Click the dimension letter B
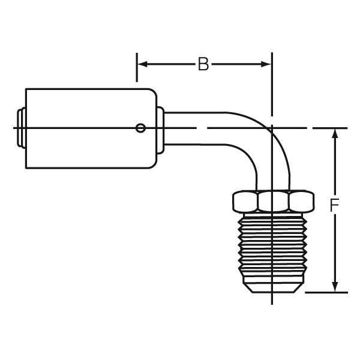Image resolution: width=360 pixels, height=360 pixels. (x=203, y=64)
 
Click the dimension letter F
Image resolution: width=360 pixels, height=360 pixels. (x=334, y=205)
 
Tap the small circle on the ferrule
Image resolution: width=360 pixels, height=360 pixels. (x=140, y=128)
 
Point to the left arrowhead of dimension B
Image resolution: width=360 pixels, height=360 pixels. (x=142, y=64)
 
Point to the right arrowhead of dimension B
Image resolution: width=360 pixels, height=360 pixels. (x=266, y=64)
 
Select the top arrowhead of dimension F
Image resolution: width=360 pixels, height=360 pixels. (x=335, y=134)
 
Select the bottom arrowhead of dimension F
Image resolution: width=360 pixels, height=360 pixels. (x=335, y=287)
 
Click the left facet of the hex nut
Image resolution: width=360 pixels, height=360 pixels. (x=245, y=201)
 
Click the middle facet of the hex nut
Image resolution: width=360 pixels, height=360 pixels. (x=273, y=201)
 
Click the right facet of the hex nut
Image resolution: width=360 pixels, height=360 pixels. (x=301, y=201)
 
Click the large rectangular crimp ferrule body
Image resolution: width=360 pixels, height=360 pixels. (x=91, y=128)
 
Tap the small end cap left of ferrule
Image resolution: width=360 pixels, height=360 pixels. (x=22, y=128)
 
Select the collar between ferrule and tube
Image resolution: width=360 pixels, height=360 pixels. (x=160, y=130)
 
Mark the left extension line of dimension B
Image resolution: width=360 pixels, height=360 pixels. (x=137, y=67)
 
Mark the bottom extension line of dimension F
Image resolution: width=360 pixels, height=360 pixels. (x=326, y=293)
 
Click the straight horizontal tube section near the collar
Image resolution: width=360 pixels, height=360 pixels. (x=194, y=128)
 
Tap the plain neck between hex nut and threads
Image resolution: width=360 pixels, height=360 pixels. (x=273, y=214)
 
